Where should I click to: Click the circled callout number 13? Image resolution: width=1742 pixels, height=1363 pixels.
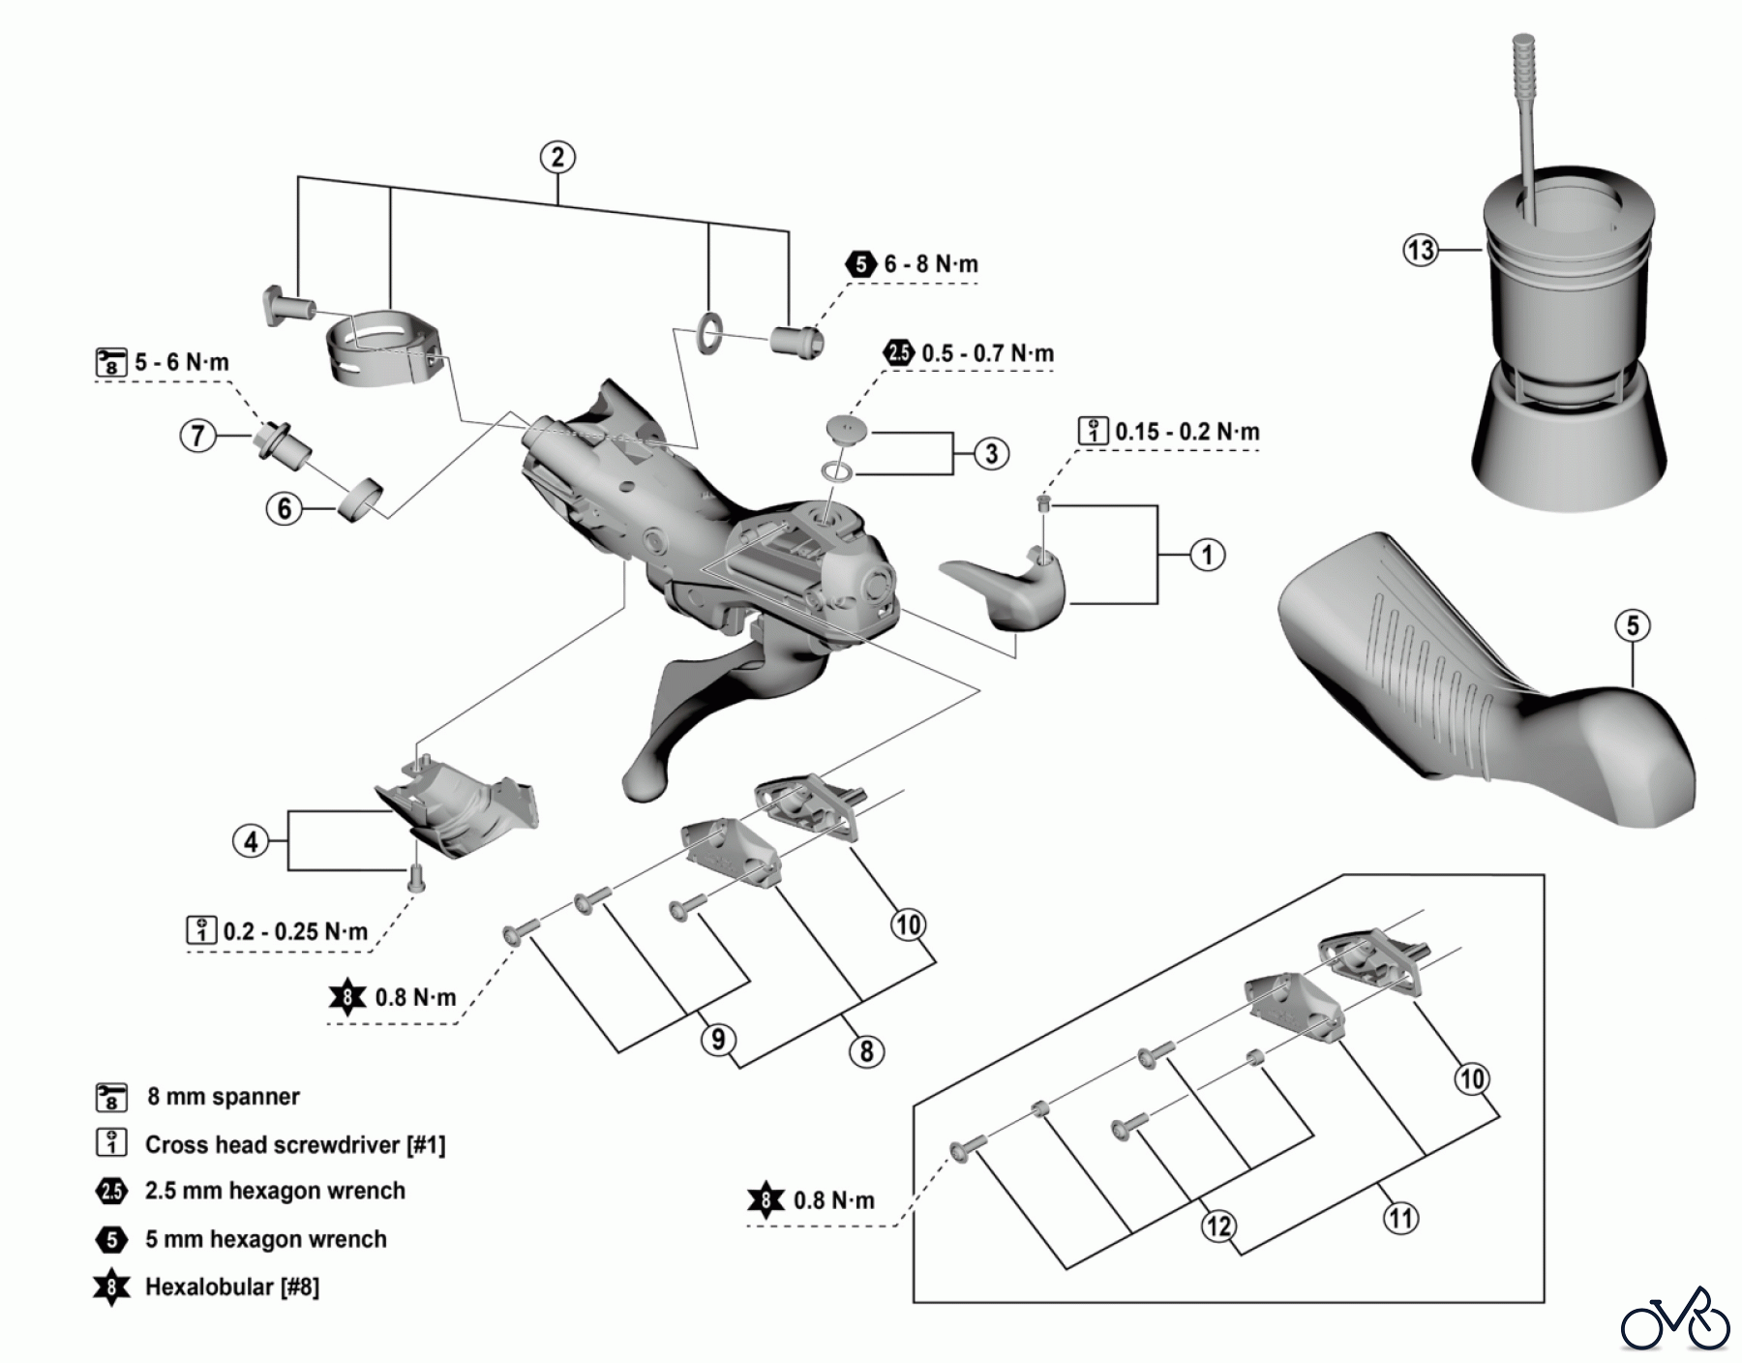click(x=1420, y=251)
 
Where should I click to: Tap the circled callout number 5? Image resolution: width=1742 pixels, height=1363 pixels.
click(x=1632, y=625)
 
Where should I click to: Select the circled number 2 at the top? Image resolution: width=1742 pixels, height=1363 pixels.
click(x=557, y=157)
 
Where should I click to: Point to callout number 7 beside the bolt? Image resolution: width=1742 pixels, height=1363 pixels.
click(x=197, y=436)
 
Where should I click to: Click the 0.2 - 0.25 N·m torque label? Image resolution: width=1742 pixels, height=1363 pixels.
click(x=294, y=931)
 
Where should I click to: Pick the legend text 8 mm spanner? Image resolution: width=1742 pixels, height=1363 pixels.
click(x=223, y=1097)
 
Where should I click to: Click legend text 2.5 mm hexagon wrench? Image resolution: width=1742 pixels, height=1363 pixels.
click(x=275, y=1191)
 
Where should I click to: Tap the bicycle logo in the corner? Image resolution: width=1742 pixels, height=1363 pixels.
click(x=1674, y=1318)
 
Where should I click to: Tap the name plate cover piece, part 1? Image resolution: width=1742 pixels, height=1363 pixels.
click(x=1006, y=587)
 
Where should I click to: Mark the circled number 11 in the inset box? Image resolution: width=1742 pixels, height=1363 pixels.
click(x=1401, y=1217)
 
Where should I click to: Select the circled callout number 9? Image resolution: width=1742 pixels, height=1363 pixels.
click(x=718, y=1040)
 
